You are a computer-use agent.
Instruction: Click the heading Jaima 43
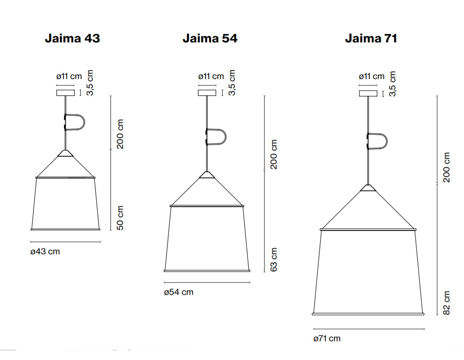(x=72, y=38)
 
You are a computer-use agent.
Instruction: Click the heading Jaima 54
(x=210, y=38)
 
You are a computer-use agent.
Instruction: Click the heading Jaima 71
(x=371, y=38)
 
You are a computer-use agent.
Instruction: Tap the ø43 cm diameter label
(x=45, y=251)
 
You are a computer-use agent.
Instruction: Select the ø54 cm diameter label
(x=178, y=292)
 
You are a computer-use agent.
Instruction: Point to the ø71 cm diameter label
(x=327, y=338)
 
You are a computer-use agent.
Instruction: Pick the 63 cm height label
(x=274, y=259)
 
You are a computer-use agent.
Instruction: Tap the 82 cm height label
(x=446, y=303)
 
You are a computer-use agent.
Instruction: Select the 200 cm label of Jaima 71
(x=446, y=168)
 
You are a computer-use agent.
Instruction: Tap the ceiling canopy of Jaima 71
(x=368, y=93)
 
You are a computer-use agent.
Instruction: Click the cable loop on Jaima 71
(x=378, y=141)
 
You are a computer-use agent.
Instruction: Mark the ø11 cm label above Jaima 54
(x=211, y=76)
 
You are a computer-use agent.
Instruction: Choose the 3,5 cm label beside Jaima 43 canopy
(x=90, y=83)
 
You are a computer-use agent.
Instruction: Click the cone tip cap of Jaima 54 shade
(x=207, y=175)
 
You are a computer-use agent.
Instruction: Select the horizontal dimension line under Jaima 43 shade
(x=66, y=242)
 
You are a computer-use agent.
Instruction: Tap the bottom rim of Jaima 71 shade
(x=368, y=314)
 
